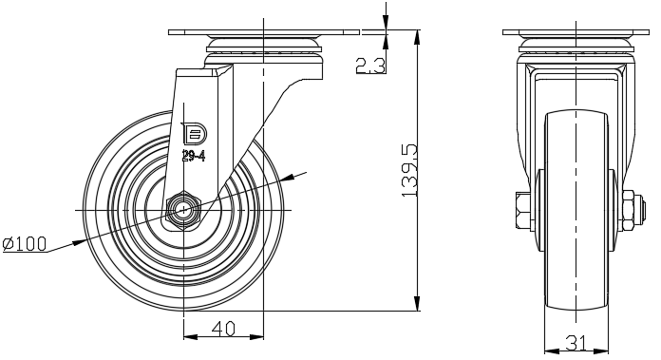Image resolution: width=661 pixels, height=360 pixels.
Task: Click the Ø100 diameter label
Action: (25, 244)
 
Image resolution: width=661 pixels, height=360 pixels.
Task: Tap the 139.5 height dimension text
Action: (409, 171)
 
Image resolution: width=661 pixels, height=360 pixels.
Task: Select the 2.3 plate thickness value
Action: (370, 66)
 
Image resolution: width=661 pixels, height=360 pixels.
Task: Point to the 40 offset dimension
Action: (223, 329)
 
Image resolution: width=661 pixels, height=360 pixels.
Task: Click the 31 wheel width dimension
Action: (576, 344)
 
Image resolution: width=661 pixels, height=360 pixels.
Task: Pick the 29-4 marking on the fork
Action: (194, 157)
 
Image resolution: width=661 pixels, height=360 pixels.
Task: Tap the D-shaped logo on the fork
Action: (194, 134)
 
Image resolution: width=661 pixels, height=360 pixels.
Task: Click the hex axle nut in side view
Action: (184, 210)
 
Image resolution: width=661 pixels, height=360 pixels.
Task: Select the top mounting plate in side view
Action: (264, 32)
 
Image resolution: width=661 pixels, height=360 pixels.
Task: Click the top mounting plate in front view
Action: (576, 32)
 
